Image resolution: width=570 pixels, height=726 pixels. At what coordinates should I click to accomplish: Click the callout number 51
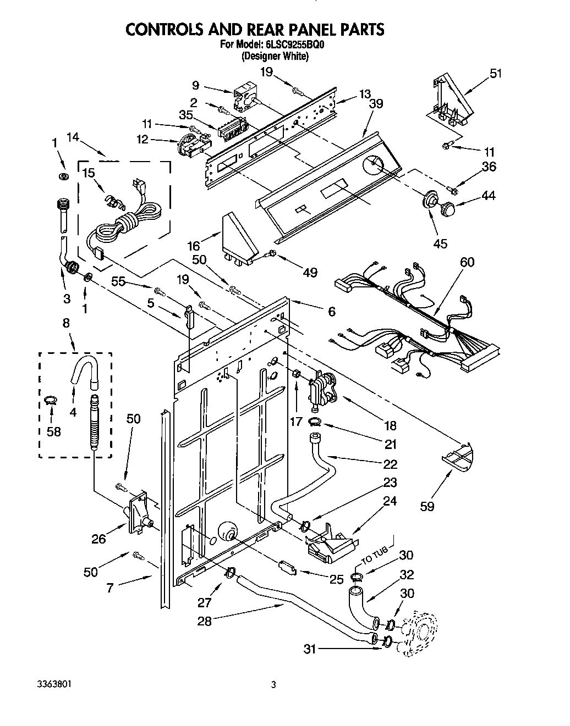coord(496,73)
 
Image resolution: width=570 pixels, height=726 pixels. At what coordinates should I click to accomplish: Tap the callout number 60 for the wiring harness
coord(467,263)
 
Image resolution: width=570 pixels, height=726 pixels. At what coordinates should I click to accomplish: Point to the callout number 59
coord(426,506)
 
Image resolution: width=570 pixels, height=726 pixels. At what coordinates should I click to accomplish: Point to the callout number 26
coord(98,539)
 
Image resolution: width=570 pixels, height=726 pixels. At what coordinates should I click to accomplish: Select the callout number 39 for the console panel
coord(376,103)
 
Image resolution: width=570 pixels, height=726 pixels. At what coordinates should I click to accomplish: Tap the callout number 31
coord(311,649)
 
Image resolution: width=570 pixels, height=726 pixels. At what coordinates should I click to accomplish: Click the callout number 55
coord(118,281)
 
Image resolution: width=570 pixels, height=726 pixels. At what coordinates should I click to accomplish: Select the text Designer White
coord(275,56)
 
